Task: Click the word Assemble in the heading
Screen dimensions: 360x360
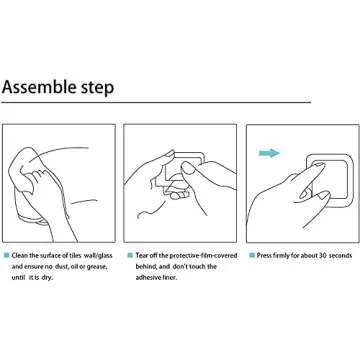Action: tap(40, 87)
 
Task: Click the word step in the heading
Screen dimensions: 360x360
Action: tap(98, 88)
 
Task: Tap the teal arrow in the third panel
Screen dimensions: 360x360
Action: tap(269, 153)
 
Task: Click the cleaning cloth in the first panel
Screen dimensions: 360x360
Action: tap(23, 170)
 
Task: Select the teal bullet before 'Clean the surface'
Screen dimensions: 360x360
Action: tap(6, 256)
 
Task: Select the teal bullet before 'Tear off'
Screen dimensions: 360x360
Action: tap(130, 256)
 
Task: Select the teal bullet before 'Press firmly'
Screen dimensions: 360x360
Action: tap(252, 256)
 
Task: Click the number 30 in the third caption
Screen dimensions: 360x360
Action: tap(322, 256)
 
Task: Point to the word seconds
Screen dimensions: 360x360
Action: tap(340, 256)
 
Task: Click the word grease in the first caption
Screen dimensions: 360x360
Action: tap(97, 267)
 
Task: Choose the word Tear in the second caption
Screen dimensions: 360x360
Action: tap(142, 256)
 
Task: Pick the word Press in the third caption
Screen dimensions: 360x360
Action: tap(264, 256)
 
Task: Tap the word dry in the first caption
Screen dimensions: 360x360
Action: tap(47, 278)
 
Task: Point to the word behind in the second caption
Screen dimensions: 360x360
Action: tap(145, 267)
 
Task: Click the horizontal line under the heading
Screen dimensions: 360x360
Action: tap(156, 102)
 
